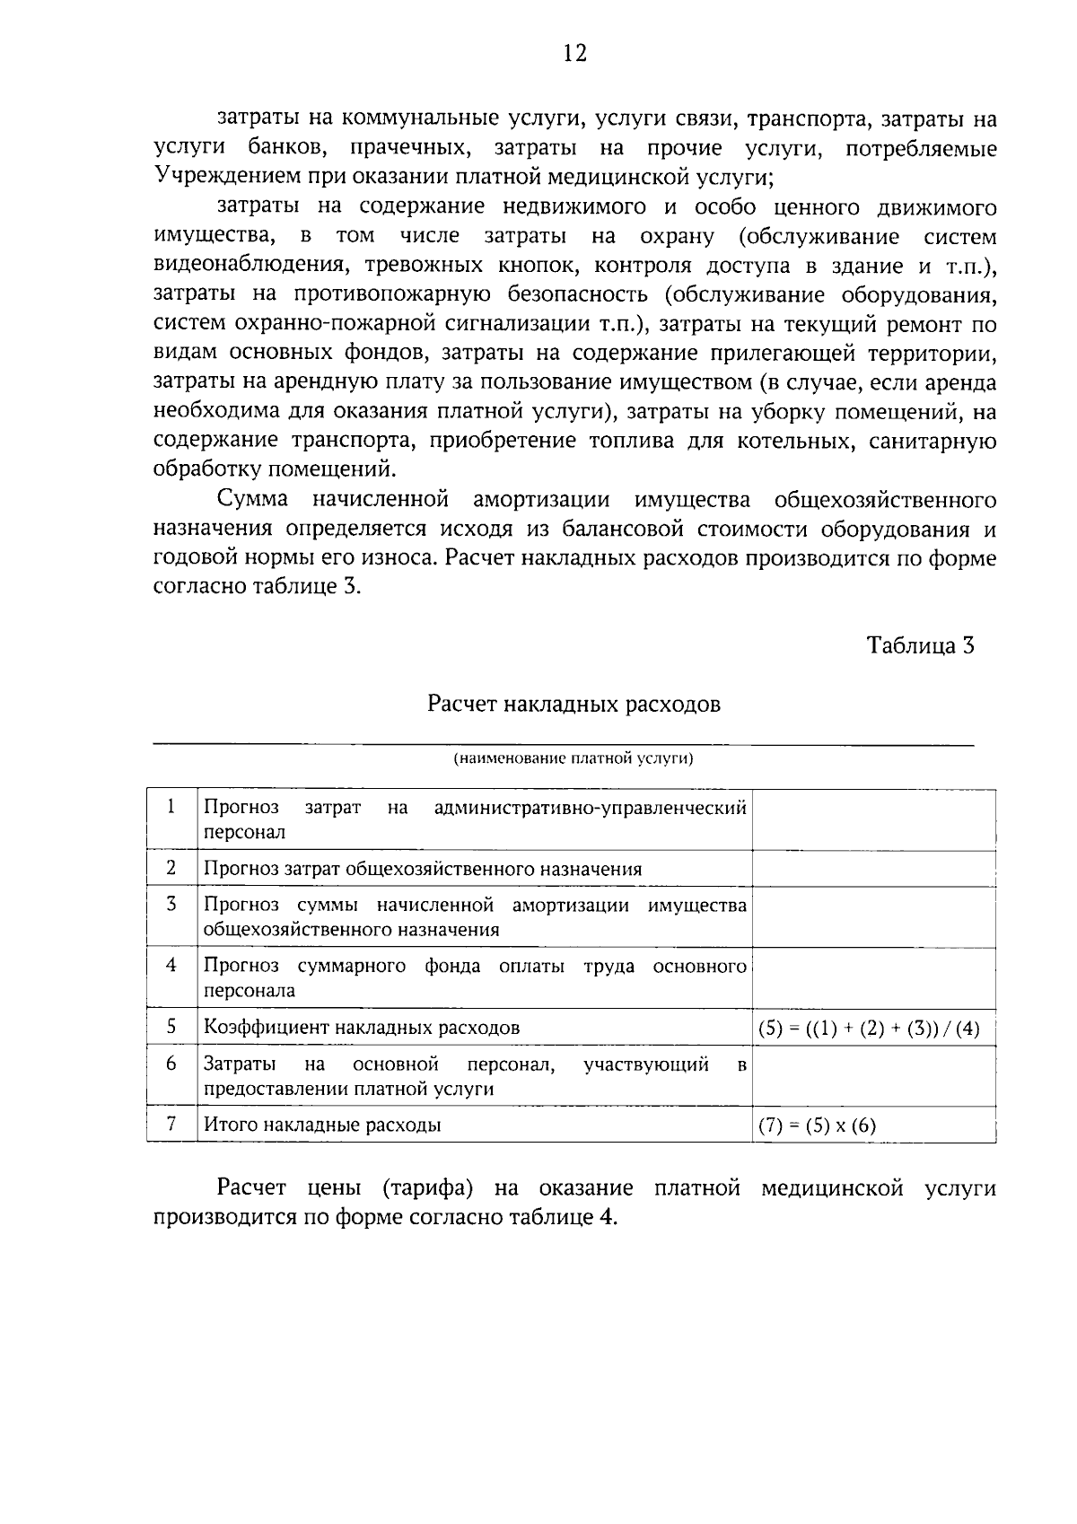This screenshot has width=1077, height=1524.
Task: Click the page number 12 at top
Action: [x=574, y=54]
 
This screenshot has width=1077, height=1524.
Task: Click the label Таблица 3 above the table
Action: [x=920, y=645]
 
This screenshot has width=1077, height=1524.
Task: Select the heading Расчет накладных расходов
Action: [x=574, y=704]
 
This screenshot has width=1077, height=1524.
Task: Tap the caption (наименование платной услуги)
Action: [x=574, y=758]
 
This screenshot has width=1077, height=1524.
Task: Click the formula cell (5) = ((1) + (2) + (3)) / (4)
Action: [x=869, y=1029]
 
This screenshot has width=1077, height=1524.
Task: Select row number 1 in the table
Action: [x=171, y=806]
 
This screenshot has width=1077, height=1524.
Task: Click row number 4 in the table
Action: [x=171, y=965]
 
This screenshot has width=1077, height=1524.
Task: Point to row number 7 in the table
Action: [x=171, y=1124]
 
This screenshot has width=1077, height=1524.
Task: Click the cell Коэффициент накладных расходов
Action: [x=362, y=1028]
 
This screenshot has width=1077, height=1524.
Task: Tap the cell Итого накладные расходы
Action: [x=322, y=1125]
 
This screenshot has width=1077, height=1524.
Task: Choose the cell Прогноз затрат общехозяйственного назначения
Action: [x=423, y=869]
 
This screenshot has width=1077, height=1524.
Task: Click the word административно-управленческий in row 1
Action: [x=590, y=808]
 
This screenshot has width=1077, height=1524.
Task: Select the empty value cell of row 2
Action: [x=873, y=869]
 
